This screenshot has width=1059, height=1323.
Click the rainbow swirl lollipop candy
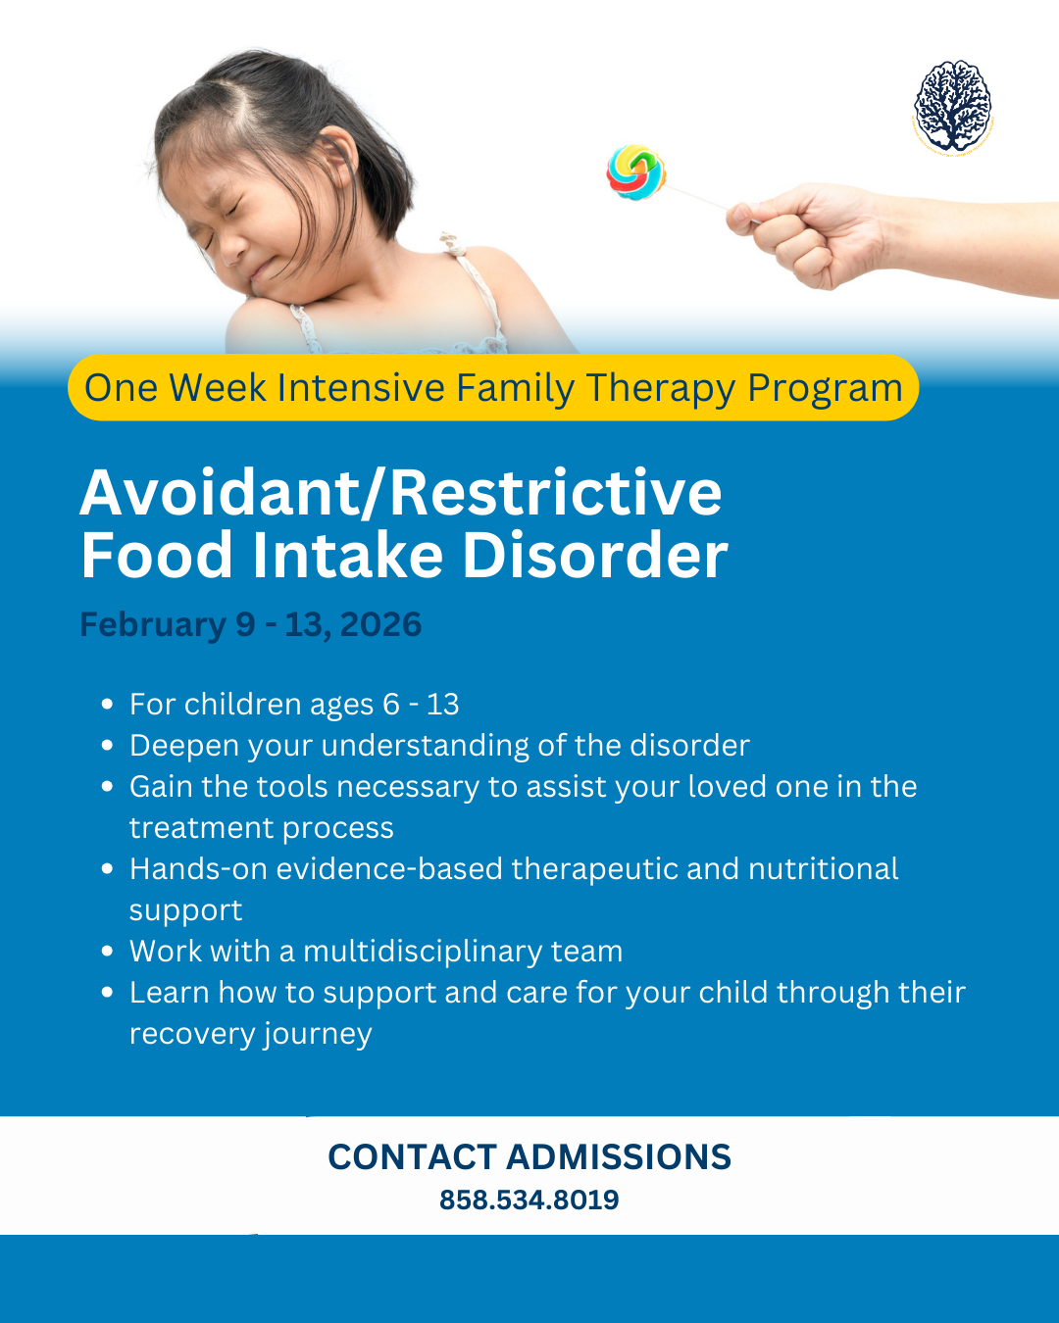click(635, 171)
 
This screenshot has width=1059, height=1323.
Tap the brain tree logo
click(952, 106)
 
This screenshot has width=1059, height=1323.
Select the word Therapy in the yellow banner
click(660, 388)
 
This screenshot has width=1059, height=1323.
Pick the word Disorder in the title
click(595, 555)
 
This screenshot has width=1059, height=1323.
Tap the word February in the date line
click(153, 625)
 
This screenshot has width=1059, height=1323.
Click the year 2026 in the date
click(380, 624)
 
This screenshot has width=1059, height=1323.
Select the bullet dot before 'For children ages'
click(107, 704)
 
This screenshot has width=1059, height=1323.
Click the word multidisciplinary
click(424, 952)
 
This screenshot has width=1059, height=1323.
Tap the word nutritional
click(824, 868)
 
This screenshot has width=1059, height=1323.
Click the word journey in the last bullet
click(318, 1035)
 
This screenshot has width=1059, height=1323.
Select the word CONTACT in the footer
click(412, 1156)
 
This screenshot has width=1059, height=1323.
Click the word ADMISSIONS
click(619, 1156)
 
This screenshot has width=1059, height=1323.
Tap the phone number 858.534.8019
click(529, 1200)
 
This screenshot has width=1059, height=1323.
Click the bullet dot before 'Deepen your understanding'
click(107, 745)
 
